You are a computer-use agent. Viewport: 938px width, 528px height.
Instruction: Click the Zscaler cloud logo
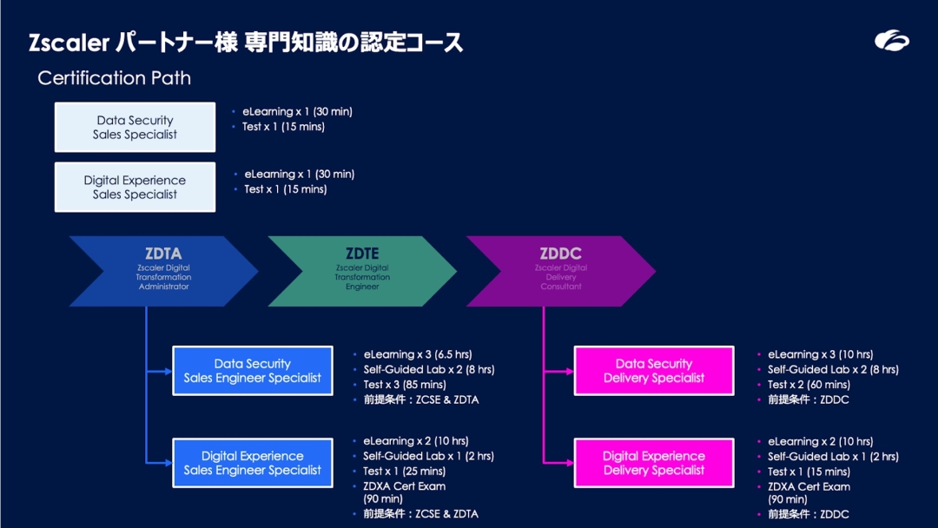point(891,41)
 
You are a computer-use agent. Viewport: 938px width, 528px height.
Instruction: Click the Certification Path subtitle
point(114,78)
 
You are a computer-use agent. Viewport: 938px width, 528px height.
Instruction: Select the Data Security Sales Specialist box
point(135,128)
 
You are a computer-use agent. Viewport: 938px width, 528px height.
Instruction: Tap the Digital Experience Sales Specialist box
point(135,187)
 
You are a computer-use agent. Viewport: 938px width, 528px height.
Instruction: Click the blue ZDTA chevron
point(163,270)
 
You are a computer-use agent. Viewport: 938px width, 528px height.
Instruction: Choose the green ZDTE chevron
point(362,270)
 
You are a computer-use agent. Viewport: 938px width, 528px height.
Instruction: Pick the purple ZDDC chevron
point(561,270)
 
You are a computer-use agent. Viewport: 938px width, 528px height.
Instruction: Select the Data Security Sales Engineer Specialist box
point(252,371)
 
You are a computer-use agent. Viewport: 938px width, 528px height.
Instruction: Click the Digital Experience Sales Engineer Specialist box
point(252,463)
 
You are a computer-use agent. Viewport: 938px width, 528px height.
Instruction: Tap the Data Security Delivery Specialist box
point(654,371)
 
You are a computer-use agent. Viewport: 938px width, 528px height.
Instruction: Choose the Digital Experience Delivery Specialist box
point(654,463)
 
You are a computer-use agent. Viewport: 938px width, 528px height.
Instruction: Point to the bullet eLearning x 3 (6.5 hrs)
point(417,354)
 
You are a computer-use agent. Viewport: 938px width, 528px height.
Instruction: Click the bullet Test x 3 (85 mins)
point(404,385)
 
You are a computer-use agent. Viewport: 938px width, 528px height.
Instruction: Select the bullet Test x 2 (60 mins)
point(808,385)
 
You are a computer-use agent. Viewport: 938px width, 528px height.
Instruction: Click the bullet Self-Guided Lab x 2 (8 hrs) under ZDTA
point(428,370)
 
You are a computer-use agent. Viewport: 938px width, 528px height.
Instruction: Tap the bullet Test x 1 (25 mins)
point(404,472)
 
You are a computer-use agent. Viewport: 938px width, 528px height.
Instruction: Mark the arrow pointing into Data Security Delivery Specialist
point(560,371)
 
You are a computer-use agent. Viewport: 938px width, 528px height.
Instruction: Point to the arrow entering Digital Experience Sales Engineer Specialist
point(161,463)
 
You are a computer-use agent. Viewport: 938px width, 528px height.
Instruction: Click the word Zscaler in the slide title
point(68,43)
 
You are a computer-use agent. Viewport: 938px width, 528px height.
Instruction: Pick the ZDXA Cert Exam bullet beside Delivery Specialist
point(809,487)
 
